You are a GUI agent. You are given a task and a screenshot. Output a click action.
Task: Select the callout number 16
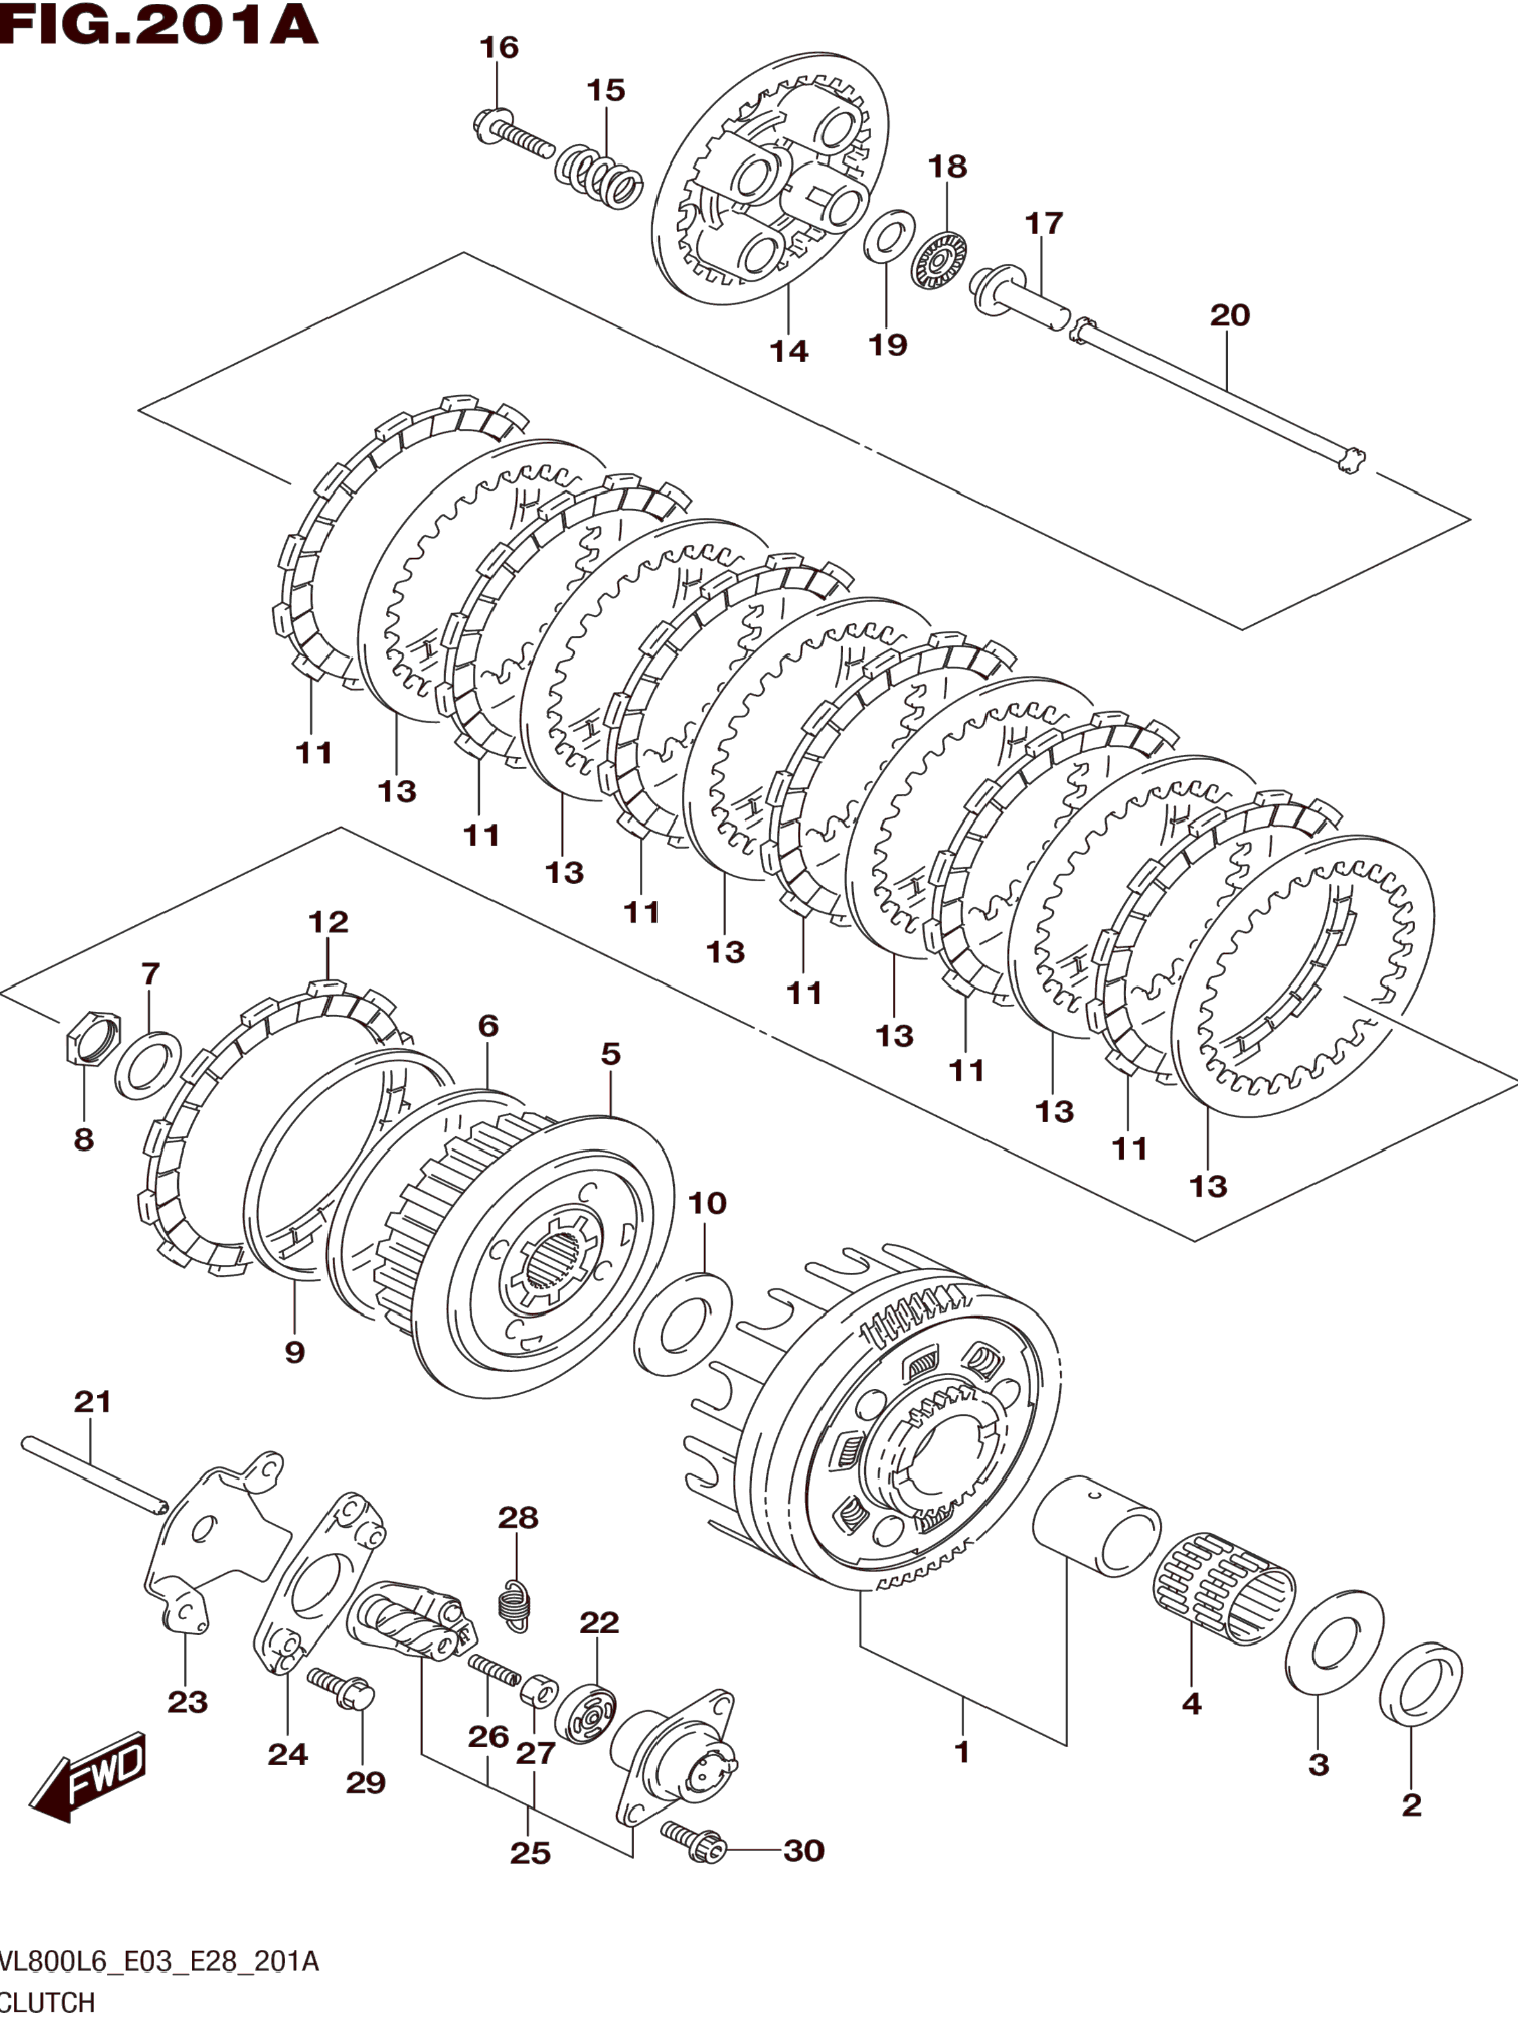coord(499,47)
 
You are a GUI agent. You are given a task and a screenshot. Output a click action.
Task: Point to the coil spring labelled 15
coord(598,176)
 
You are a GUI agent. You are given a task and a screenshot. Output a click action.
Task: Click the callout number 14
coord(789,350)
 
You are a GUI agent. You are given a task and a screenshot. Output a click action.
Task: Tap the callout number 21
coord(92,1401)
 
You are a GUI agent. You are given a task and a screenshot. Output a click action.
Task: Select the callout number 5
coord(611,1054)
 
